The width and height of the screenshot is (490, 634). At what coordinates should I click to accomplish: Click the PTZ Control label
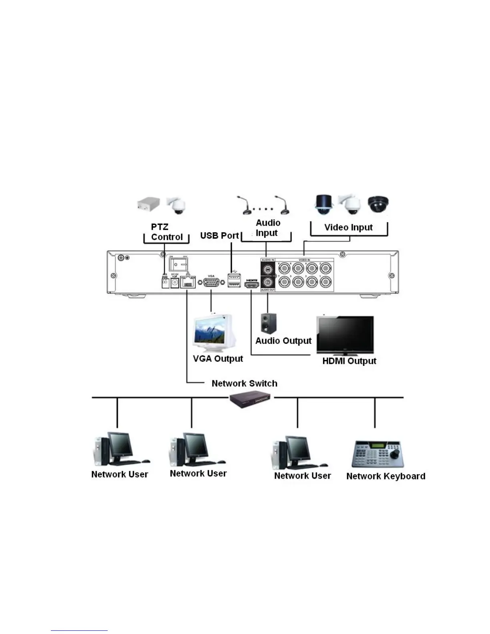[166, 232]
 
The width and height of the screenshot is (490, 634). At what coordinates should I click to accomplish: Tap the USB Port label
[219, 235]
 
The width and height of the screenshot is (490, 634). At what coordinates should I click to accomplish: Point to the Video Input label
[348, 227]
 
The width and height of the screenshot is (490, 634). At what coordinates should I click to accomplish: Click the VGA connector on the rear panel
[211, 282]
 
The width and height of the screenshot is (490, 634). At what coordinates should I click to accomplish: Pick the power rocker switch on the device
[179, 263]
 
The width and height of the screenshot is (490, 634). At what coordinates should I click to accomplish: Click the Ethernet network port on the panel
[188, 283]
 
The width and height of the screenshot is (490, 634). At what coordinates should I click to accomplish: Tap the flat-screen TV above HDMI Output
[345, 335]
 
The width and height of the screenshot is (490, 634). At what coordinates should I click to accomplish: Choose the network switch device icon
[251, 399]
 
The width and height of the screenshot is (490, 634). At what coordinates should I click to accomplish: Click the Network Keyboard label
[386, 476]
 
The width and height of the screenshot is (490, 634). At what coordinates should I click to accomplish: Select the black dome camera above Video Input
[378, 204]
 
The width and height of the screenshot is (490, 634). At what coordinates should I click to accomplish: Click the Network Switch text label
[244, 383]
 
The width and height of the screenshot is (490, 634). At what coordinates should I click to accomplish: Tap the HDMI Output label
[349, 361]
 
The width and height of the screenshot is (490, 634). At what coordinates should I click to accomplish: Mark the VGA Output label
[218, 359]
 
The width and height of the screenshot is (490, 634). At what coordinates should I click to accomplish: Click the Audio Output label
[283, 341]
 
